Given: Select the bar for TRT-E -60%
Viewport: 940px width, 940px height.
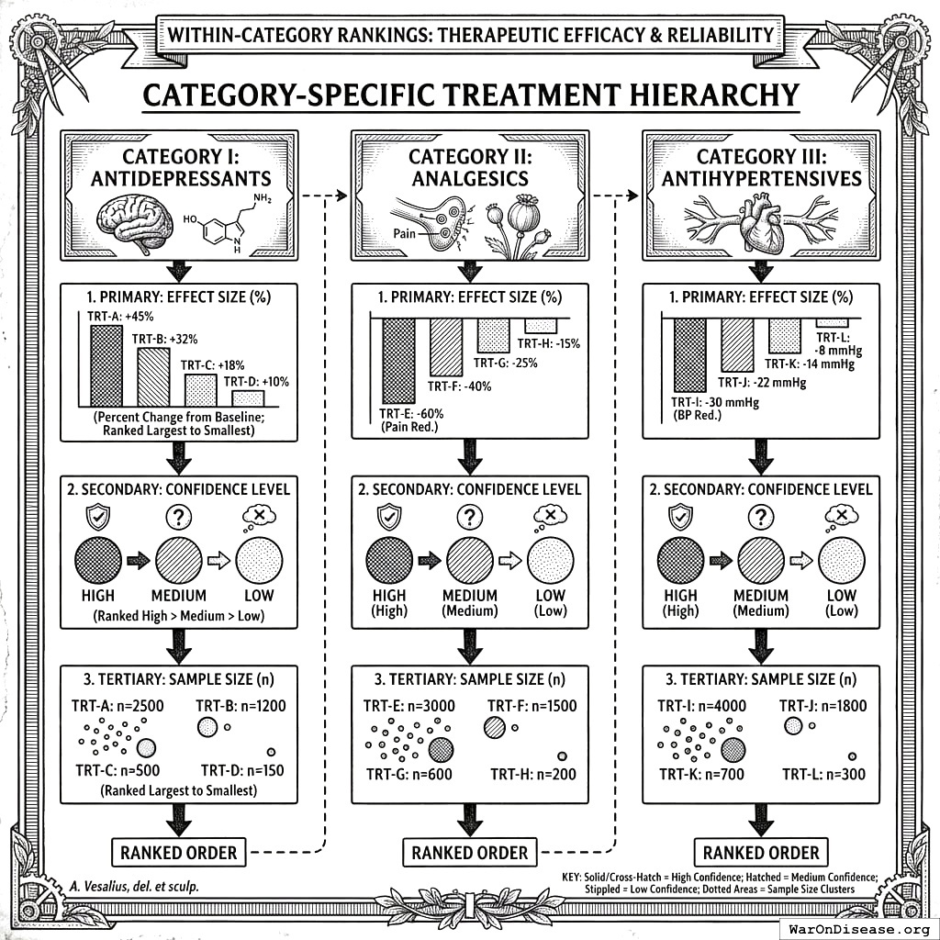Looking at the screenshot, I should pos(398,360).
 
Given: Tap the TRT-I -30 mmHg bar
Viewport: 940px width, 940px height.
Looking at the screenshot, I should pos(689,353).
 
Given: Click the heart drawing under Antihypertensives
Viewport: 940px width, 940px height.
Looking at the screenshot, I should pos(760,225).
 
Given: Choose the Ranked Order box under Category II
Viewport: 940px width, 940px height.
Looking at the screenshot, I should pos(470,853).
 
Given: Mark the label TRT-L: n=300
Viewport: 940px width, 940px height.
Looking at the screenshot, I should pos(823,774).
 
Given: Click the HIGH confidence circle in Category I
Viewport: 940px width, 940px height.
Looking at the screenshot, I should pos(97,561).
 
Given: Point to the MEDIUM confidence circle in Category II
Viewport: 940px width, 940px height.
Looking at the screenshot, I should pos(470,561).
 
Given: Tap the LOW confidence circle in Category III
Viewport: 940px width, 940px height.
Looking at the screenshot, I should pos(841,561).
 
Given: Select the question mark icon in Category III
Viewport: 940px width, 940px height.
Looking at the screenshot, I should pos(760,518).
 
